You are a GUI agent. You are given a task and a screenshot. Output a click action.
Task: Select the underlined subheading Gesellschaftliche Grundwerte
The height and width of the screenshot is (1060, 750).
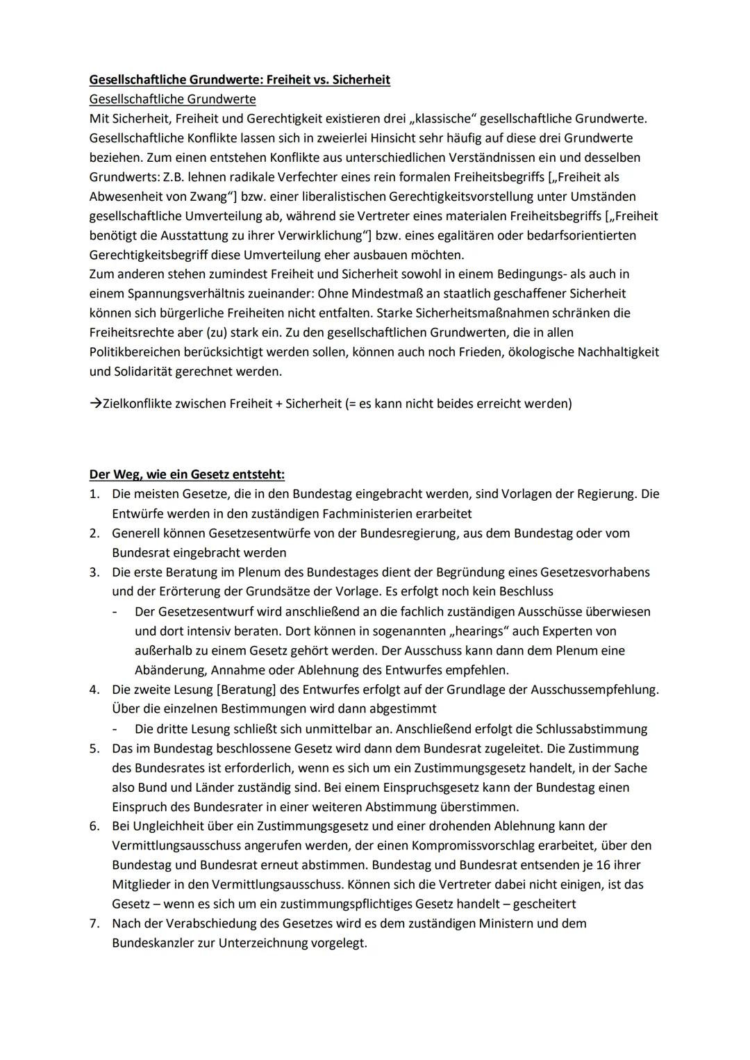172,99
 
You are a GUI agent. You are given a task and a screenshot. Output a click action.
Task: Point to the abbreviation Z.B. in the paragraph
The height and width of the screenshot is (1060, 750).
174,177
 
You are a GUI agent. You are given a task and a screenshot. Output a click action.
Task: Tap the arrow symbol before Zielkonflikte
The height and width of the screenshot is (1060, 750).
95,404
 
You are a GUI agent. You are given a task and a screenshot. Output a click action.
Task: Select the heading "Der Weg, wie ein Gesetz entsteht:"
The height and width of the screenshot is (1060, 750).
187,475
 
